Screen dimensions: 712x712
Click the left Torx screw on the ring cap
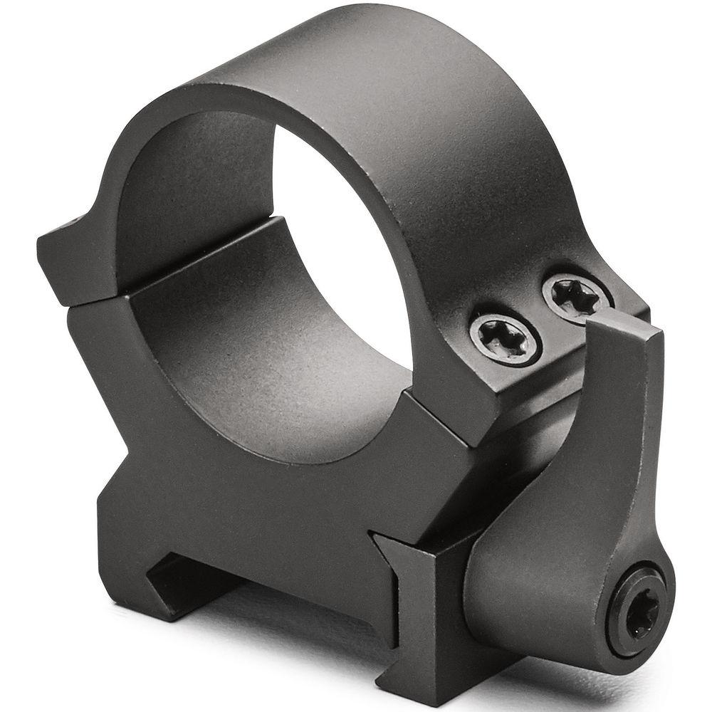(505, 339)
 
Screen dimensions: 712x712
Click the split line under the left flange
(93, 303)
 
